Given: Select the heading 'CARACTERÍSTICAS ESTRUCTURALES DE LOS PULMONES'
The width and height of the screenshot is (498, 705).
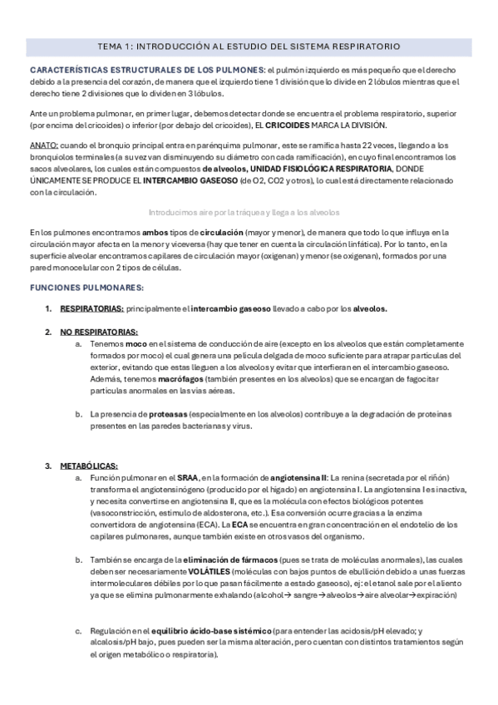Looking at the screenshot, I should [x=145, y=70].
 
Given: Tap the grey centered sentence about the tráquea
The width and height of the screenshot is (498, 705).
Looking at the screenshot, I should [x=249, y=212].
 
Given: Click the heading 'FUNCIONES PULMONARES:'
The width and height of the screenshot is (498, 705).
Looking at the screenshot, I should [x=87, y=288].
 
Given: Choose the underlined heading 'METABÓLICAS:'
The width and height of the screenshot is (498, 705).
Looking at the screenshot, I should [x=89, y=466].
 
